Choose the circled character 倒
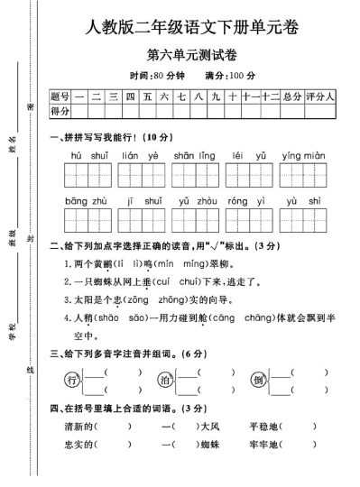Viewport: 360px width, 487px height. click(259, 380)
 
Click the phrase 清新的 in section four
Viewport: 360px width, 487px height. click(76, 426)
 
